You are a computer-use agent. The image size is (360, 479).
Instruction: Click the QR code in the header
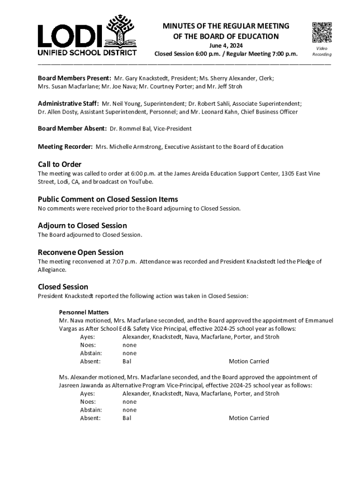click(x=322, y=33)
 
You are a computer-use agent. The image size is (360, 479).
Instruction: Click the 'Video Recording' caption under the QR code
click(x=322, y=51)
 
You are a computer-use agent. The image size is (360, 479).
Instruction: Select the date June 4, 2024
click(x=226, y=45)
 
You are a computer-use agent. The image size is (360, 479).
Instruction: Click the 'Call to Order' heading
click(x=59, y=164)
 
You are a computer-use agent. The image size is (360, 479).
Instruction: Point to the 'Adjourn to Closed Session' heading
click(x=82, y=225)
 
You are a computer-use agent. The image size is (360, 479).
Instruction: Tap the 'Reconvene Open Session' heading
click(x=80, y=252)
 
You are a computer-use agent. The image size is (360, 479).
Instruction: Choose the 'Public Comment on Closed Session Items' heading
click(x=108, y=199)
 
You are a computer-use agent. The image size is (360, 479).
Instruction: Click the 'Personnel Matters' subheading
click(x=84, y=312)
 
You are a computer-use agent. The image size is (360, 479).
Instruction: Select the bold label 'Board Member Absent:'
click(x=72, y=128)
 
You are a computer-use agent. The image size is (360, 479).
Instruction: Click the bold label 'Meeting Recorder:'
click(x=65, y=146)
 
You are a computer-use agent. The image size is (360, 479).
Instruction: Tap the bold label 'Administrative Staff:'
click(x=68, y=103)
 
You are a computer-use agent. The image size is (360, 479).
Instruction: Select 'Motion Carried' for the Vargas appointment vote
click(x=249, y=362)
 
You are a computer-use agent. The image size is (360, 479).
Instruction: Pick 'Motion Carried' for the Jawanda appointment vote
click(x=249, y=418)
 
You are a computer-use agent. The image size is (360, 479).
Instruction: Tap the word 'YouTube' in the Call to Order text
click(x=140, y=181)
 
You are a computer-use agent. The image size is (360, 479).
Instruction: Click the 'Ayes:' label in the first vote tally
click(x=87, y=337)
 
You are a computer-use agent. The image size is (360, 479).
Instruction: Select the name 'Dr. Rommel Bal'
click(x=129, y=128)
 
